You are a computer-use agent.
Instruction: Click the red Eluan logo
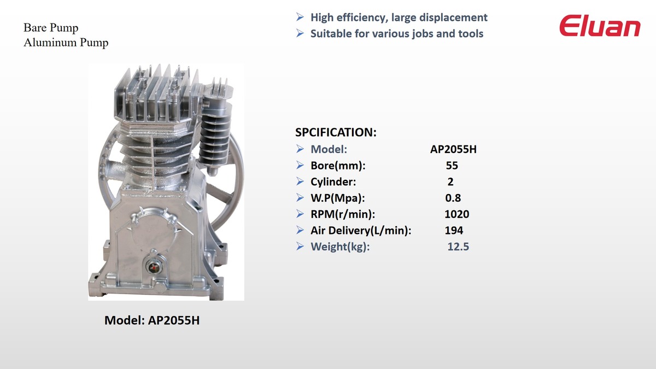tap(600, 26)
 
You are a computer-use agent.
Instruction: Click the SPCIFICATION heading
tap(336, 132)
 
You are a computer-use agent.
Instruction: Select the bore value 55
tap(452, 166)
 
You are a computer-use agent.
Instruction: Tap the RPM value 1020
tap(457, 214)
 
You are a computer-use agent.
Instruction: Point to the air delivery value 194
tap(454, 231)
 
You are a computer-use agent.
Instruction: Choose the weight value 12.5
tap(458, 247)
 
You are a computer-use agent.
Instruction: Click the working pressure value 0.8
tap(453, 198)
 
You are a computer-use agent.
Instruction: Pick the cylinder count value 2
tap(450, 182)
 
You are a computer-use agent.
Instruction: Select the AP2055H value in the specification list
tap(453, 149)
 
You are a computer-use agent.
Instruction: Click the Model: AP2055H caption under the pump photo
tap(152, 320)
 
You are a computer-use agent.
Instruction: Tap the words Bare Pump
tap(51, 28)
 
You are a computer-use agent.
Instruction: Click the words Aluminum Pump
tap(66, 43)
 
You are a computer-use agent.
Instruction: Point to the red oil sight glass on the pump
tap(153, 267)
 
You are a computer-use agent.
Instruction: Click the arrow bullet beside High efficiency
tap(300, 17)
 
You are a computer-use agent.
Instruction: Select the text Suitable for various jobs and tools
tap(397, 34)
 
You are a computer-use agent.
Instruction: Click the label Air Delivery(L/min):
tap(361, 231)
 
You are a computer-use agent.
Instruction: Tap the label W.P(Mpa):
tap(338, 198)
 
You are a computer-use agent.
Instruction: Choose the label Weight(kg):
tap(340, 247)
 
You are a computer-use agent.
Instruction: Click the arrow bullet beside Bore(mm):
tap(300, 165)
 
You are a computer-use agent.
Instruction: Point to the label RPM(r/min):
tap(343, 214)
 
